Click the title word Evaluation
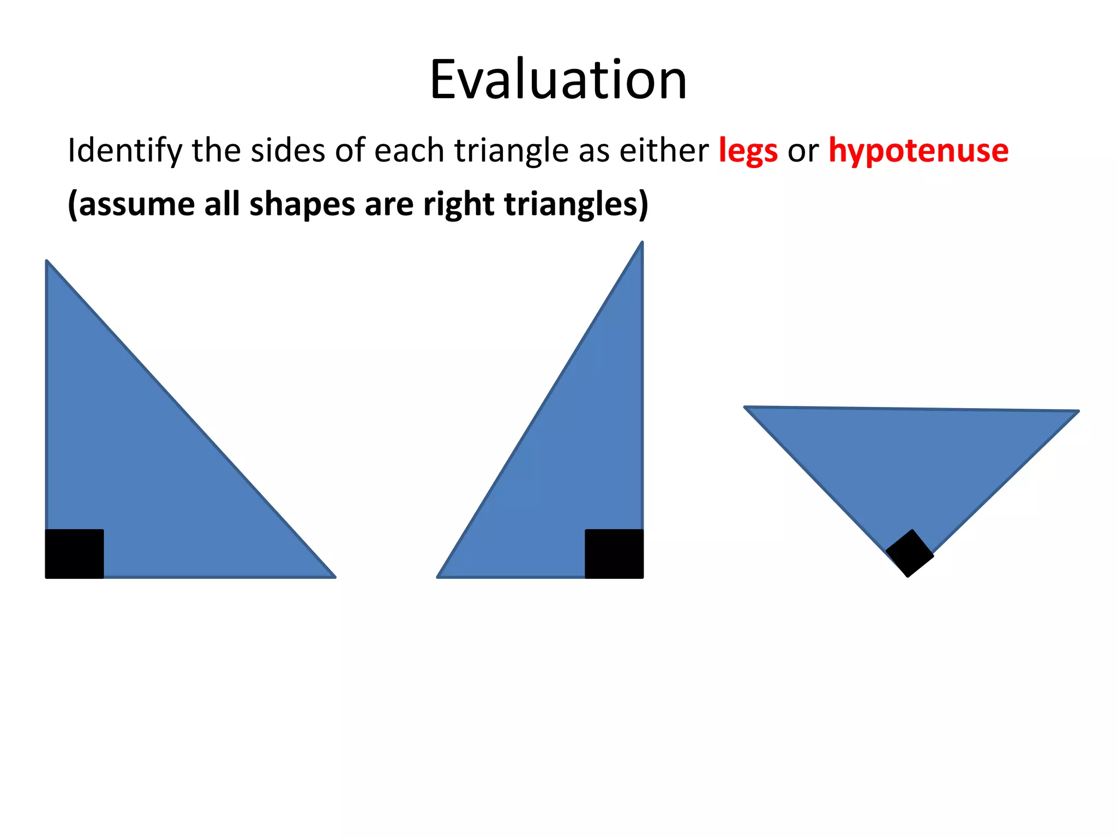click(558, 80)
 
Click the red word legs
click(748, 151)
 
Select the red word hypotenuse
click(918, 151)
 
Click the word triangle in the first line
click(511, 151)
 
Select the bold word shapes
click(302, 204)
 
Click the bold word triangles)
click(576, 204)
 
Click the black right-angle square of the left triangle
click(74, 553)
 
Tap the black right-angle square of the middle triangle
click(614, 553)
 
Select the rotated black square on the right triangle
click(909, 553)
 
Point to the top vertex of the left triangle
click(47, 262)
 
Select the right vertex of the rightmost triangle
click(1077, 411)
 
